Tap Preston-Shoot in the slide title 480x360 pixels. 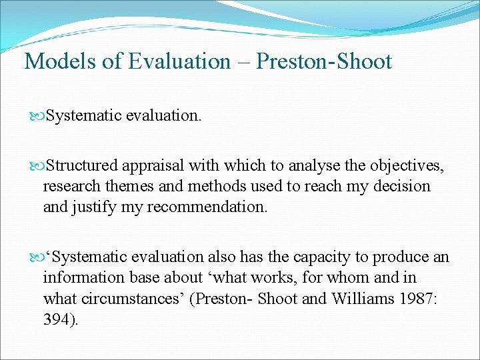tap(324, 62)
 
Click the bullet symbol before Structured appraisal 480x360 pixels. tap(38, 165)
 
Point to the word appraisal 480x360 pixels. tap(154, 165)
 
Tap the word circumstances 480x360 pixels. tap(133, 299)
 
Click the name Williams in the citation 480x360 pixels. tap(331, 299)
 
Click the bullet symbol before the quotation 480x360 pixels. tap(38, 257)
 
